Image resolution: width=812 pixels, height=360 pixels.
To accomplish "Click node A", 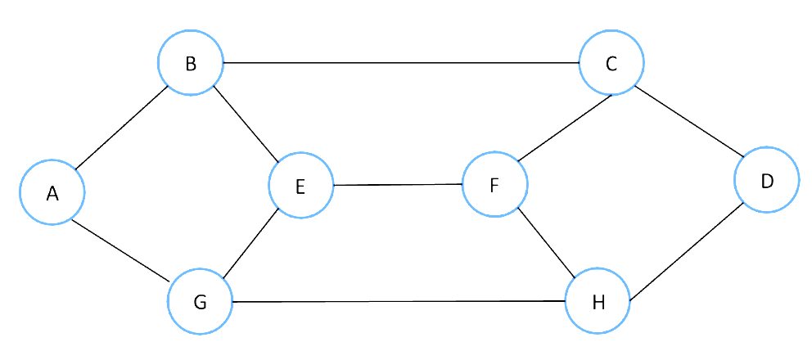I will [52, 192].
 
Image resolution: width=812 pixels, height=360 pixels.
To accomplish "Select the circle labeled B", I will [191, 63].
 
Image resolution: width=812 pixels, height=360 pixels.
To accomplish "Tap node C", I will [611, 63].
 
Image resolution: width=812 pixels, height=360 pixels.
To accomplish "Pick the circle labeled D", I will [767, 180].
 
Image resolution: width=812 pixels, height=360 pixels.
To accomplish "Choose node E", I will [300, 186].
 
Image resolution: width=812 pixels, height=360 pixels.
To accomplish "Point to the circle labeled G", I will [201, 302].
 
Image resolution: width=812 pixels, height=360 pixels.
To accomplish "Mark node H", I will [598, 301].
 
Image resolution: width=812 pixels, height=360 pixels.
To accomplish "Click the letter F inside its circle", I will [494, 185].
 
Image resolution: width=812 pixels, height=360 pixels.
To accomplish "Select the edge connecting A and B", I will [122, 127].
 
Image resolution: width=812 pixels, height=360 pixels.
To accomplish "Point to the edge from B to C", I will [401, 63].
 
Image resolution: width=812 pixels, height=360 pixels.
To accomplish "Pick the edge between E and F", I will [398, 185].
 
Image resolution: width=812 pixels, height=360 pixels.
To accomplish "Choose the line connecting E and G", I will [250, 245].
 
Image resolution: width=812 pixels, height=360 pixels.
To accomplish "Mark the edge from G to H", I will [399, 301].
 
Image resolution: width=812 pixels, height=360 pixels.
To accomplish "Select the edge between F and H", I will [546, 243].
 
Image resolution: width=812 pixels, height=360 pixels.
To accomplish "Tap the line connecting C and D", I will [689, 122].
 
